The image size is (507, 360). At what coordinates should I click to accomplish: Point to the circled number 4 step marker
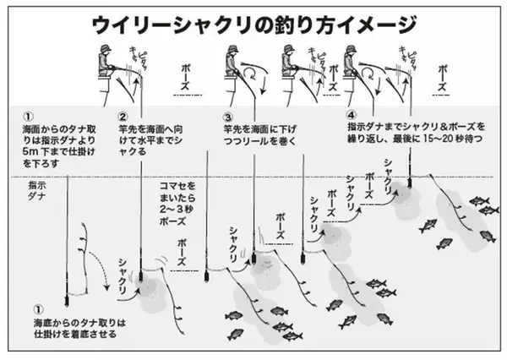tap(352, 112)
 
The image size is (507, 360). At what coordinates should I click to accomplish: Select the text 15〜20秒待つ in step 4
tap(455, 138)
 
